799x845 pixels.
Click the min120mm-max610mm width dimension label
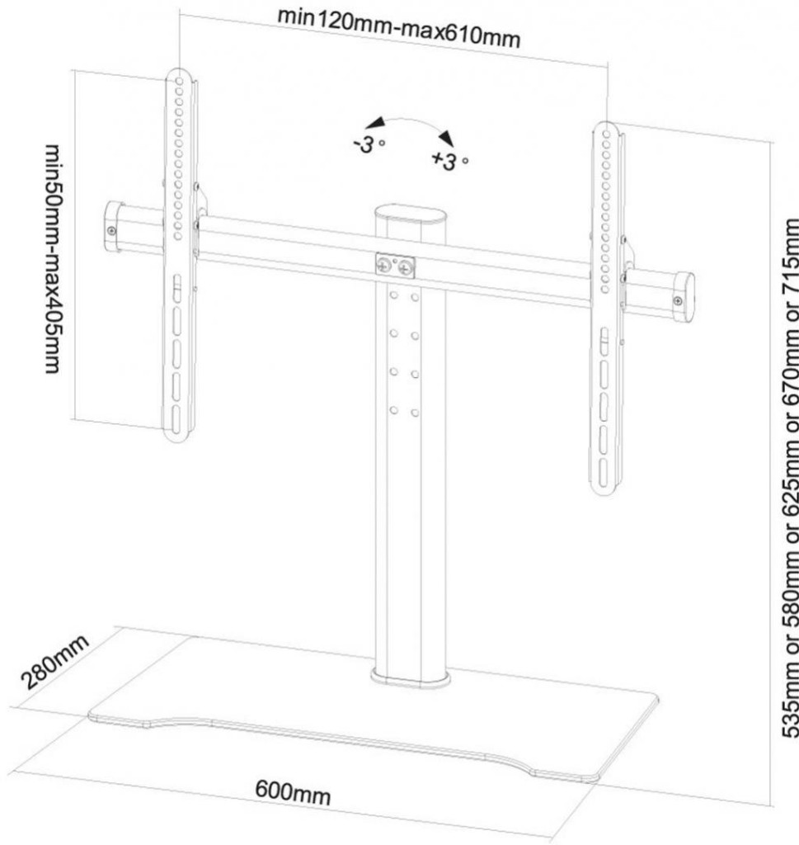pos(398,28)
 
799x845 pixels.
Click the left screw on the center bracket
pos(384,266)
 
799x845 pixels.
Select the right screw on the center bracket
pos(405,268)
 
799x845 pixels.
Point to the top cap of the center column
pos(409,216)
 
